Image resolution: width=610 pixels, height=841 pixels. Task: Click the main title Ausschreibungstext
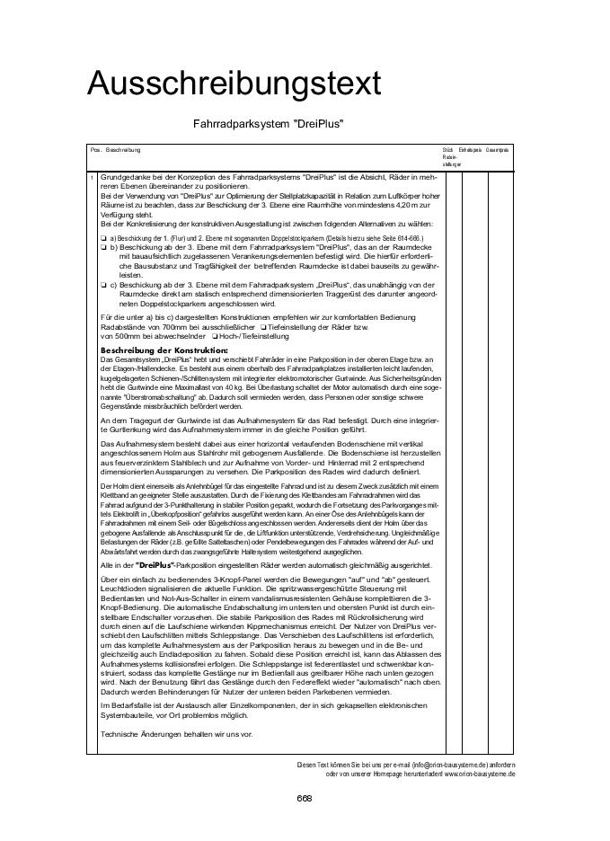tap(234, 84)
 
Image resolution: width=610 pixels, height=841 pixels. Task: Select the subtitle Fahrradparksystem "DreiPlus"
tap(269, 124)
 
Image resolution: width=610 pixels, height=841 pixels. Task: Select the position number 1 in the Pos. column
tap(93, 178)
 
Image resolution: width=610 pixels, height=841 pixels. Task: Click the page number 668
tap(305, 797)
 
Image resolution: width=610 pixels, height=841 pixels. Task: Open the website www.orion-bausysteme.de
tap(480, 773)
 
